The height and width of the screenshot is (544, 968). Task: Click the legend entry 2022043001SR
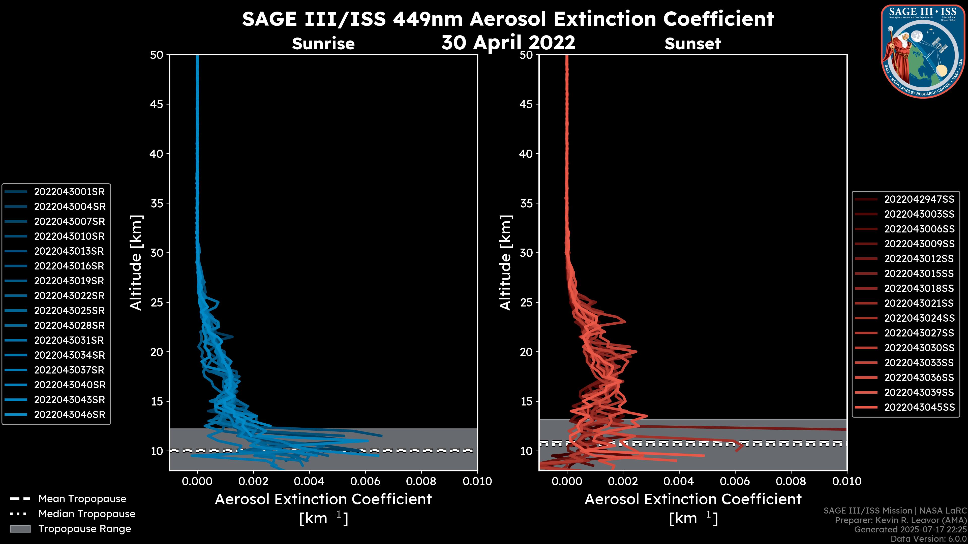tap(69, 192)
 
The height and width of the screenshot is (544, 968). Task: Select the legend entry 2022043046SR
tap(70, 415)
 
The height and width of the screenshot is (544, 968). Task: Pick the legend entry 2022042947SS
tap(919, 199)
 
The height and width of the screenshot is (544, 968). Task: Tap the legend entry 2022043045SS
tap(919, 407)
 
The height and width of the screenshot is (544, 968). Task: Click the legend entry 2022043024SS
tap(919, 318)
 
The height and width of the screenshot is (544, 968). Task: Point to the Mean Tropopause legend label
tap(82, 499)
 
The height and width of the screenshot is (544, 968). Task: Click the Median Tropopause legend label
tap(87, 514)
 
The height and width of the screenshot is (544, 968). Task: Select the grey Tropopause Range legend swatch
tap(20, 529)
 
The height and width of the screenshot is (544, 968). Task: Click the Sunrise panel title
tap(323, 44)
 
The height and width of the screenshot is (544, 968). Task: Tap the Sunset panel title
tap(692, 44)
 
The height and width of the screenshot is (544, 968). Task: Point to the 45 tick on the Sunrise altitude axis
tap(157, 104)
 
